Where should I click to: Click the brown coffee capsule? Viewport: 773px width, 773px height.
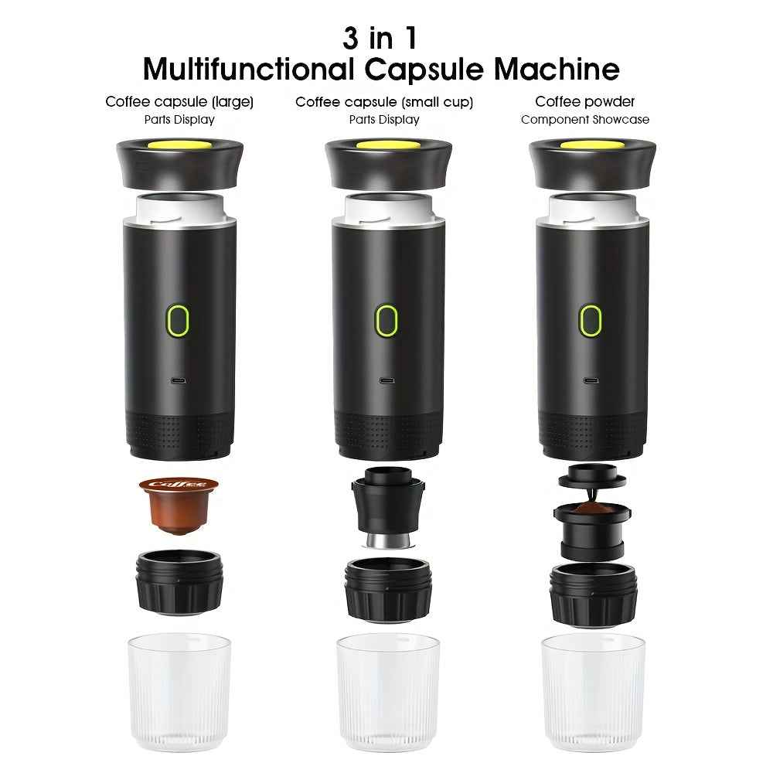point(177,504)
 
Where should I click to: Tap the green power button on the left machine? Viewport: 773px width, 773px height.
point(179,319)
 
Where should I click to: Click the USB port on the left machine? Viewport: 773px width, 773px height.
point(179,380)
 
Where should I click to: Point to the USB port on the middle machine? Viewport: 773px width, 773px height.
point(385,380)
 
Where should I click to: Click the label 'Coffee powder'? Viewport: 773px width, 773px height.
point(585,101)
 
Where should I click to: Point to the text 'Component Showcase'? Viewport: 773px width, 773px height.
point(585,120)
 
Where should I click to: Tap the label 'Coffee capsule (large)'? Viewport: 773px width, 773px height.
point(179,101)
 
